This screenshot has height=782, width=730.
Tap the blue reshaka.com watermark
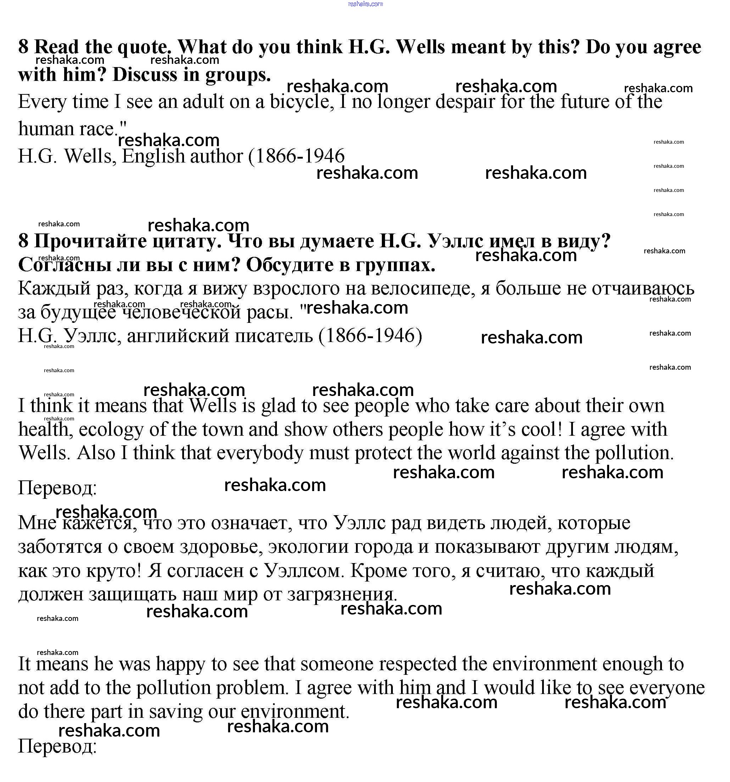pos(365,4)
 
